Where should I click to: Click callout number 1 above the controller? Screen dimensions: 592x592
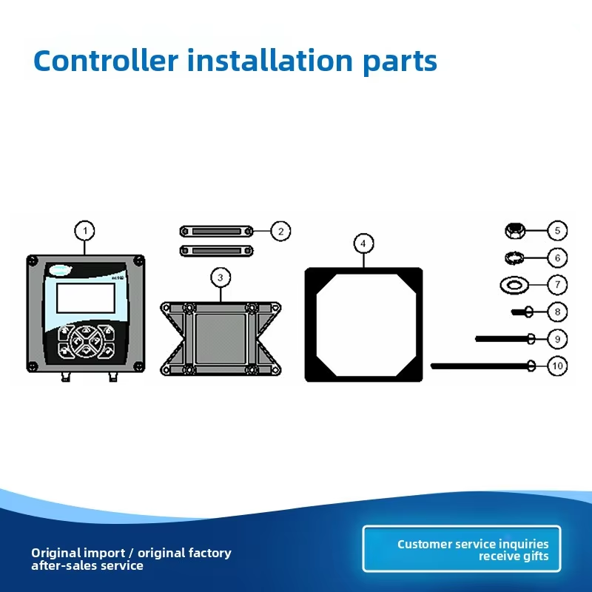(84, 231)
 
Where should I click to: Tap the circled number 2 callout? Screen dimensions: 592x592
(281, 231)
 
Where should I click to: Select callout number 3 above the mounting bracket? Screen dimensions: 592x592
(221, 277)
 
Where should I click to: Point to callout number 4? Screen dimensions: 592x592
(363, 243)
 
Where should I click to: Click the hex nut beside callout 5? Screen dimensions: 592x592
(515, 231)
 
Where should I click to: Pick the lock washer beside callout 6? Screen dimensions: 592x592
(514, 258)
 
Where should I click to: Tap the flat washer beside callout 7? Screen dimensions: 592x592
(514, 285)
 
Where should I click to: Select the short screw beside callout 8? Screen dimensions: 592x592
(522, 312)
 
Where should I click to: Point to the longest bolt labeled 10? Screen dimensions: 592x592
(483, 366)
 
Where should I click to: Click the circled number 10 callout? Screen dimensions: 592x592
(557, 366)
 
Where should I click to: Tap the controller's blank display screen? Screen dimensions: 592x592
(86, 298)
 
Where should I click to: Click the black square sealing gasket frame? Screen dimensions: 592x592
(310, 325)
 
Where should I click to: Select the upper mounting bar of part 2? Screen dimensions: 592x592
(216, 231)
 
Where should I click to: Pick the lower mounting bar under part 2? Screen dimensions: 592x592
(216, 251)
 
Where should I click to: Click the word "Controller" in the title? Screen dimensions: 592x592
(106, 61)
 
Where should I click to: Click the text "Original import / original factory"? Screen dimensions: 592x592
(132, 553)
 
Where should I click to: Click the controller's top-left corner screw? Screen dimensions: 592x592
(33, 260)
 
